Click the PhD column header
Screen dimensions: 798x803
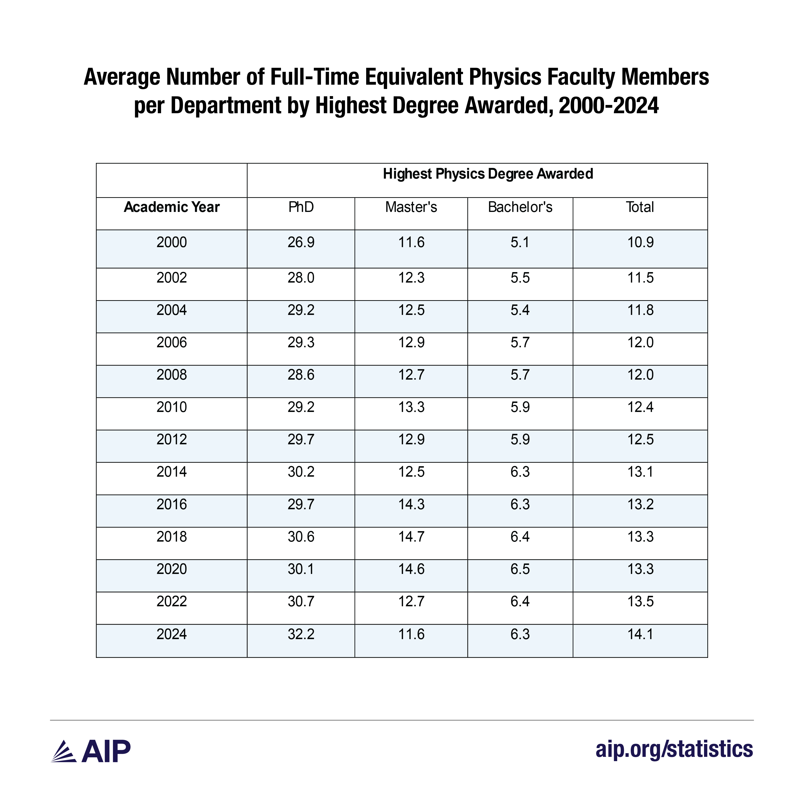[x=301, y=207]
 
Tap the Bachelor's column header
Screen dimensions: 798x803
[x=520, y=207]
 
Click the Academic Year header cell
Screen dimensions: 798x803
[x=172, y=207]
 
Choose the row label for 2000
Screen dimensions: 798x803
[x=172, y=242]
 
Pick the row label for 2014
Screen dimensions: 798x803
[x=172, y=472]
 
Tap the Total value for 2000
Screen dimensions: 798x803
[x=640, y=242]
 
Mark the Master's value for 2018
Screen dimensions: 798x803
[x=411, y=537]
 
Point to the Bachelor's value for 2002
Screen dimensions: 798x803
[x=520, y=278]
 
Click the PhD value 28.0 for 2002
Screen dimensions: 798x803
[x=301, y=278]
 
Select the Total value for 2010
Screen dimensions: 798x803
[x=640, y=407]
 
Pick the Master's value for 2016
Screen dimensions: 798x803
[x=411, y=504]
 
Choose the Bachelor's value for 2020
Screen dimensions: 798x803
[x=520, y=569]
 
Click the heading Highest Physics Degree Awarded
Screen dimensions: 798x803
[x=488, y=174]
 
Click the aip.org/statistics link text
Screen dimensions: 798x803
[x=674, y=749]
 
